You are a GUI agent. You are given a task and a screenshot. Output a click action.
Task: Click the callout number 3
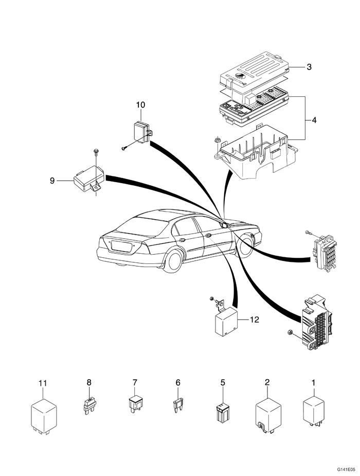point(310,67)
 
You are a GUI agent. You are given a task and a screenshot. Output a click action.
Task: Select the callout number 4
point(314,120)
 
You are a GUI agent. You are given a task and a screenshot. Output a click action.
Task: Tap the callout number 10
point(140,105)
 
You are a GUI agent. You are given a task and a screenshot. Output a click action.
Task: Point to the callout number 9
point(52,180)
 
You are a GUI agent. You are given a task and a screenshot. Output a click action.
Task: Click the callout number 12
point(254,320)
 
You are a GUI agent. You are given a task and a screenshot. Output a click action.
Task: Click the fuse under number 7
point(135,403)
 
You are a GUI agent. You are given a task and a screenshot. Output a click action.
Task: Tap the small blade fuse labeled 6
point(178,406)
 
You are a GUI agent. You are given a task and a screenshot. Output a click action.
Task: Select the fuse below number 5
point(223,411)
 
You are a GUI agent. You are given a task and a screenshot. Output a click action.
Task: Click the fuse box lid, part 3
point(255,72)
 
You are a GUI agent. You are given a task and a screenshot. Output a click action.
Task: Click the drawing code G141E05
point(347,470)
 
